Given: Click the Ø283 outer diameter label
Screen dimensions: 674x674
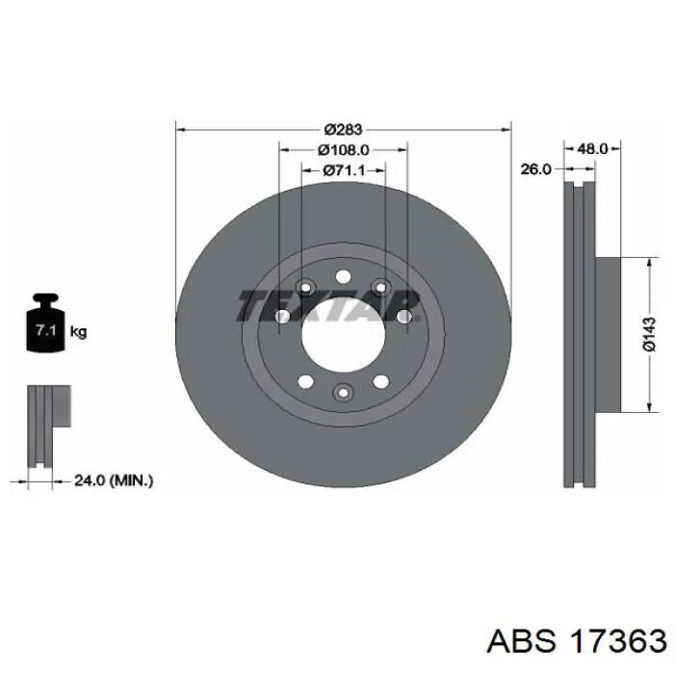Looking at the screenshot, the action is click(343, 129).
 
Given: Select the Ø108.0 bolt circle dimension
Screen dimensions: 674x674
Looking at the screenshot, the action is click(343, 149).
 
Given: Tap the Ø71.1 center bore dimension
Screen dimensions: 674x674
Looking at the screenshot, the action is click(343, 170).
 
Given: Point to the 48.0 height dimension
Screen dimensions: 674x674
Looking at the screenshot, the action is click(592, 148).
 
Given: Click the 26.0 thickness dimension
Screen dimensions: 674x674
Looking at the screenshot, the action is click(535, 169).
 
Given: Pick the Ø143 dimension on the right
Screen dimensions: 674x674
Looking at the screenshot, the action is click(650, 334).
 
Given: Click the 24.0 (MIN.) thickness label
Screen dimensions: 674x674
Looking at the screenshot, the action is click(114, 480).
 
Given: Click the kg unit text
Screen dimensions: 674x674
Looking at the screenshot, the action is click(78, 331).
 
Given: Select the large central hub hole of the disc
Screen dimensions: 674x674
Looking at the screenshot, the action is click(343, 335).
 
